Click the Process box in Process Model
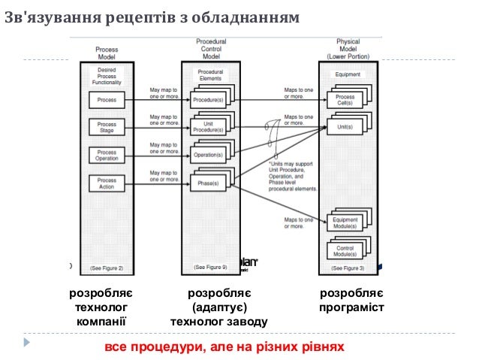pos(107,99)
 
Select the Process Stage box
pos(107,127)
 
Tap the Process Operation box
pos(107,155)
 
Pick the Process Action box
pos(107,183)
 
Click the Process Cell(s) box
pos(345,101)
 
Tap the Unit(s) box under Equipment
pos(345,127)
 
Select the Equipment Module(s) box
pos(345,222)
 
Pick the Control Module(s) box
pos(345,250)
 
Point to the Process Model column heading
pos(107,53)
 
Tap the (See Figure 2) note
pos(107,268)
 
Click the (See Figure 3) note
pos(348,268)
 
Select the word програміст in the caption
pos(351,307)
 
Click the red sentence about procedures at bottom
pos(224,347)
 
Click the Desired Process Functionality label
pos(107,75)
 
